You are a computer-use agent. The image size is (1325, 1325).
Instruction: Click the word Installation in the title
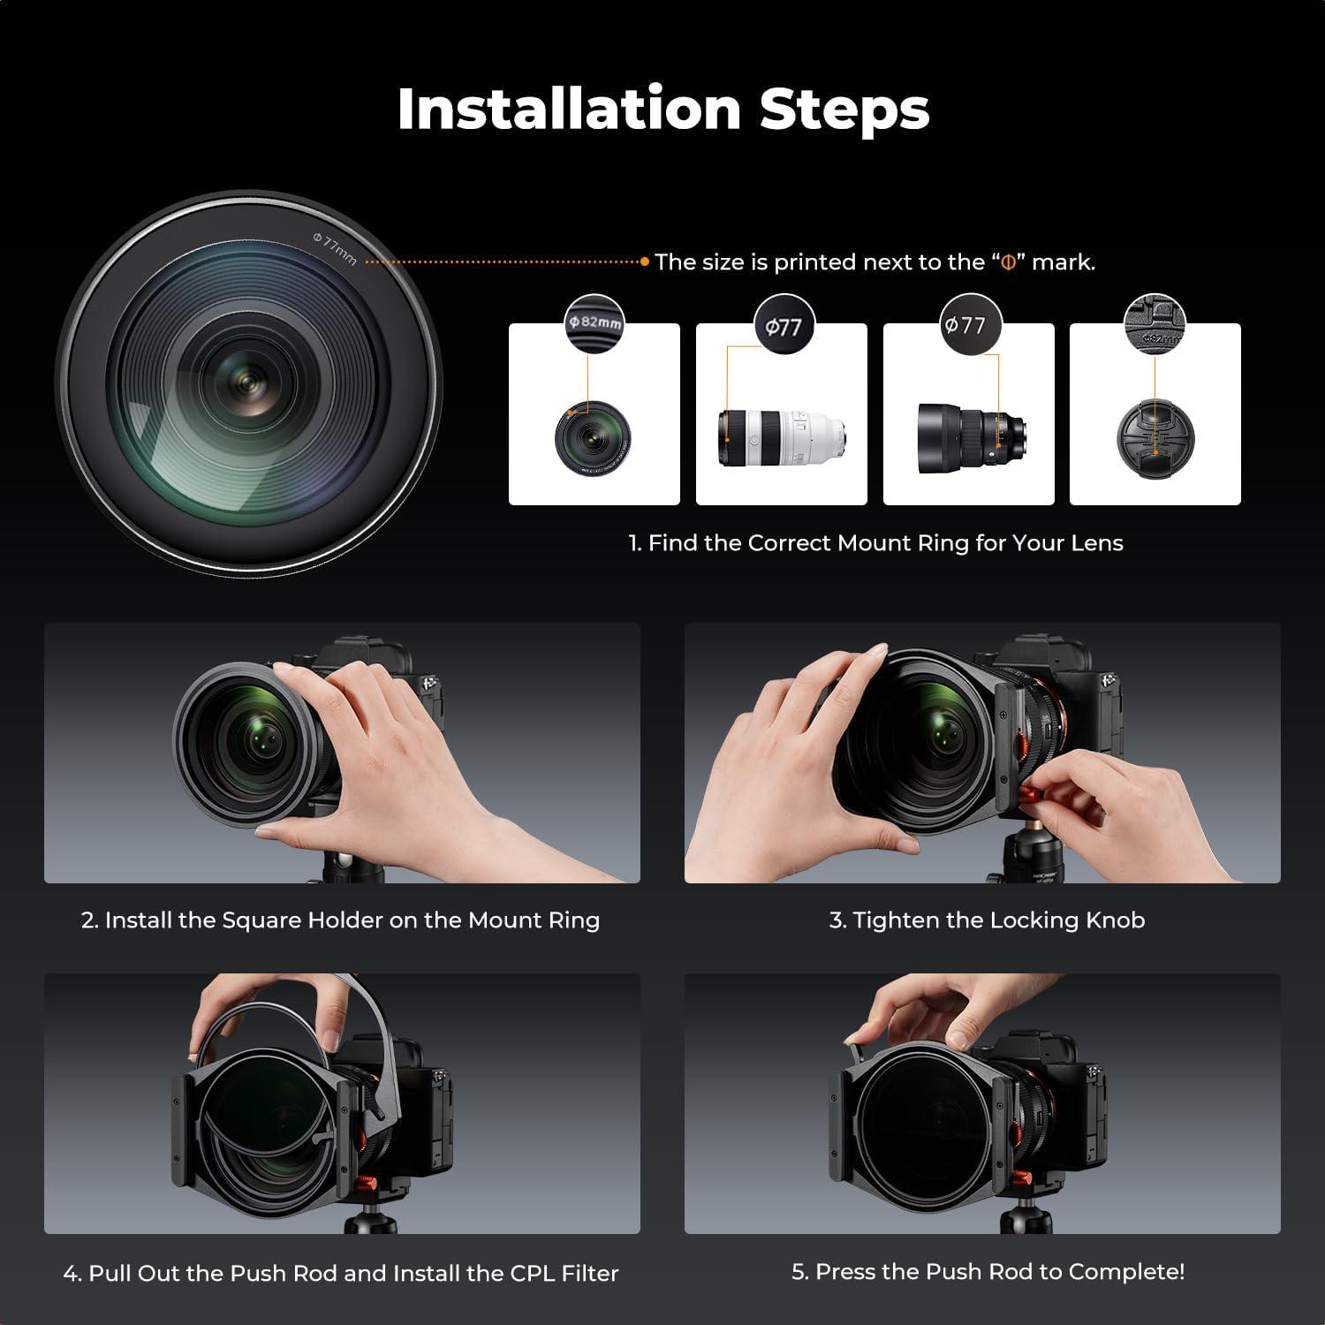pos(569,110)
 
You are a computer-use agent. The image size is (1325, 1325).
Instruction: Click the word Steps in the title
pos(844,110)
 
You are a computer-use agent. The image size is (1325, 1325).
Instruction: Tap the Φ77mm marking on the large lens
pos(335,247)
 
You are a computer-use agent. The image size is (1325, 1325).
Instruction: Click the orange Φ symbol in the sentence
pos(1008,262)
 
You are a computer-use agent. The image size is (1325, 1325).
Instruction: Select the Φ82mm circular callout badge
pos(594,322)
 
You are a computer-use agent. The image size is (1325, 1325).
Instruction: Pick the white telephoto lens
pos(783,436)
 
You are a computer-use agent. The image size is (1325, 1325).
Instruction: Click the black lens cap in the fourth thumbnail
pos(1155,436)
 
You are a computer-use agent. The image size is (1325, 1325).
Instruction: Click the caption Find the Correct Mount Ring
pos(874,543)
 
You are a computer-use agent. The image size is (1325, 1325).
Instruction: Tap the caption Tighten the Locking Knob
pos(987,920)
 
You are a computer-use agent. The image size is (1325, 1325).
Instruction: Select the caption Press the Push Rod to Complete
pos(988,1272)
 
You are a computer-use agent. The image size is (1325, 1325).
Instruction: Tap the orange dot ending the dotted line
pos(645,261)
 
